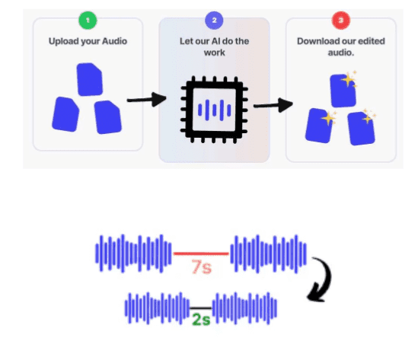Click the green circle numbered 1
coord(88,21)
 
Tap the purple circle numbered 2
coord(214,21)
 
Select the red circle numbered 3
coord(340,21)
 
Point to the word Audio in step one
coord(115,41)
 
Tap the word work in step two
coord(215,53)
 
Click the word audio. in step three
coord(341,53)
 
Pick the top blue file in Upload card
coord(90,79)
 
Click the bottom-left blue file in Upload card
coord(65,114)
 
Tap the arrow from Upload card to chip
coord(147,100)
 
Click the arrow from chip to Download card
coord(273,105)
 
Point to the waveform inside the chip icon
coord(215,110)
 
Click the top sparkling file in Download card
coord(343,90)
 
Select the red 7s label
coord(202,266)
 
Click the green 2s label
coord(201,319)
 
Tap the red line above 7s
coord(201,253)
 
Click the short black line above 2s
coord(201,308)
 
